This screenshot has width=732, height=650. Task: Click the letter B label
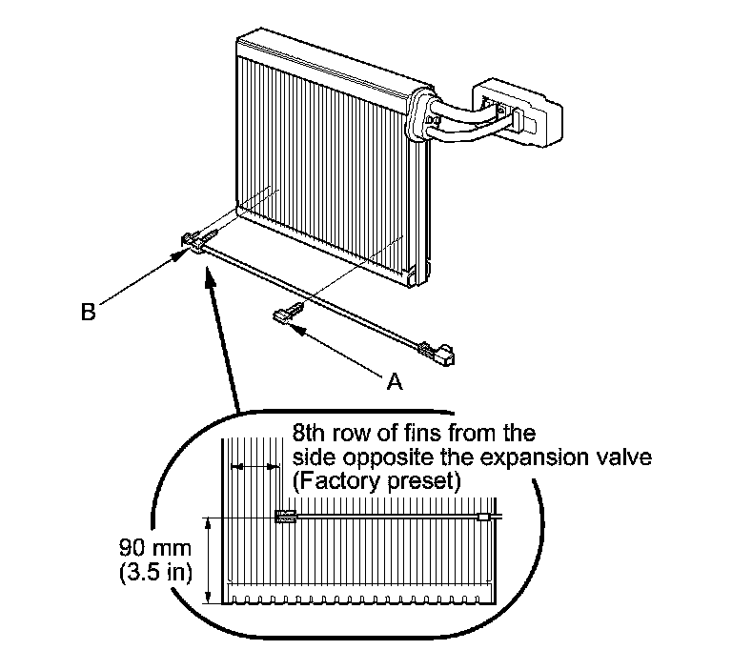[x=88, y=312]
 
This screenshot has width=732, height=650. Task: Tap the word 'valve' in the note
[x=620, y=458]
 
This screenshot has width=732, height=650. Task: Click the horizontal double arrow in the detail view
[x=254, y=467]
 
